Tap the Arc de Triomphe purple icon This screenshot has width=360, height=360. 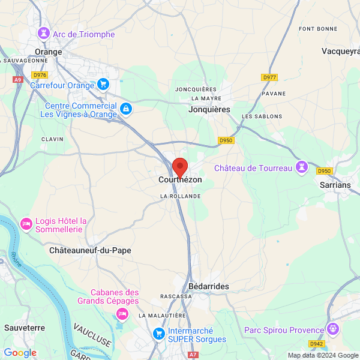43,34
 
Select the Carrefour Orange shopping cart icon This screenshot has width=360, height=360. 103,85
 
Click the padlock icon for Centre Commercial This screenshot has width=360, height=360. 125,109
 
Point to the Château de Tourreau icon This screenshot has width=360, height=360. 302,167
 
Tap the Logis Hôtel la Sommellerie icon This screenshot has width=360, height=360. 26,224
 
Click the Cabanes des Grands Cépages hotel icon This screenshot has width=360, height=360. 122,313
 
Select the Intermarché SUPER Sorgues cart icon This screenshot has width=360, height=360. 158,333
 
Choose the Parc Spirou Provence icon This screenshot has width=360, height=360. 333,329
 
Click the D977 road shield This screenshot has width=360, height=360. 269,77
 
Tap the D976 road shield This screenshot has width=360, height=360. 40,75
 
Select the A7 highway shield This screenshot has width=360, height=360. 193,355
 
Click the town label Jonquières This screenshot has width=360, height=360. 209,110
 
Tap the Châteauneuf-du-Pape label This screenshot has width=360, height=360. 90,250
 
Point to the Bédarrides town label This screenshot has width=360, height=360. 209,287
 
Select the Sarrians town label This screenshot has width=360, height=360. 335,185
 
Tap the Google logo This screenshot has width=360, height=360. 20,353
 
